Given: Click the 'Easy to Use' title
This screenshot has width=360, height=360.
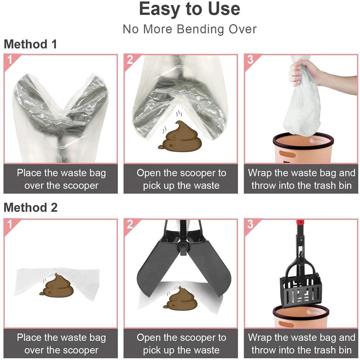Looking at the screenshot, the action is point(189,9).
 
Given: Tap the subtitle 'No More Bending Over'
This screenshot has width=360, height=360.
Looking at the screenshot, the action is point(190,29).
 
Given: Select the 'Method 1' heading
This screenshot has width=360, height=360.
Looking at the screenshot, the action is point(30,44).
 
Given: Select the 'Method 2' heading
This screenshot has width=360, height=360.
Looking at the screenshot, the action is point(31,208).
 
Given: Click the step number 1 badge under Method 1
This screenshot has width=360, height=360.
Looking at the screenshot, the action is point(10,60).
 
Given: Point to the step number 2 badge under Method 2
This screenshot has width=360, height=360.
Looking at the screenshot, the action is point(130,224).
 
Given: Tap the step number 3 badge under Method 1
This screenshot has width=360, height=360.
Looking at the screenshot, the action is point(250,60).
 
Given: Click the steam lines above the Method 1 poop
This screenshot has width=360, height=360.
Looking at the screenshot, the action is point(179,114).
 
